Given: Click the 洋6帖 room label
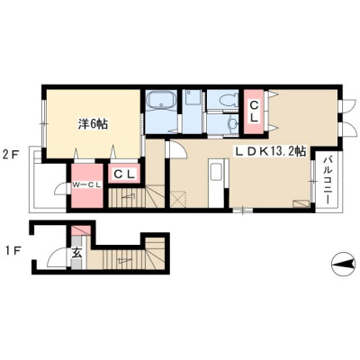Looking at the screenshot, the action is (x=93, y=123).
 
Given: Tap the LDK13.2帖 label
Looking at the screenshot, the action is (x=270, y=152).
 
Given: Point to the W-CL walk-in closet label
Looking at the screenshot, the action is (x=86, y=185).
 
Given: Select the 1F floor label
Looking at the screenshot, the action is (x=11, y=251).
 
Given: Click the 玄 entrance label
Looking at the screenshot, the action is (x=76, y=254).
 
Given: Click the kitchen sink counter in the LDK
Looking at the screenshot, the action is (x=216, y=183).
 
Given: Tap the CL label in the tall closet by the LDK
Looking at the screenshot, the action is (x=254, y=112).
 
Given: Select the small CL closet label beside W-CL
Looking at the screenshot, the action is (x=124, y=174).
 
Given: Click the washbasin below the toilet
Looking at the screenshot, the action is (x=232, y=124).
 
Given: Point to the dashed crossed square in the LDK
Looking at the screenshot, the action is (x=178, y=200).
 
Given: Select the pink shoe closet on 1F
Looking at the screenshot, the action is (x=80, y=230).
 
